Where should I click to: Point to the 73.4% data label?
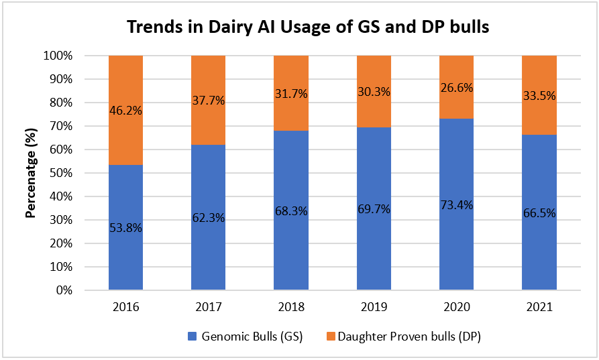click(x=456, y=205)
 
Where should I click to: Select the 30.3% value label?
click(x=374, y=94)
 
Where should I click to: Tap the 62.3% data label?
click(x=209, y=218)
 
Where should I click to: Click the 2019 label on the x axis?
click(x=374, y=308)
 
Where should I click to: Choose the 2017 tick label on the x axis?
click(x=209, y=308)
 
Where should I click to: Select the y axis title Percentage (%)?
click(x=30, y=173)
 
